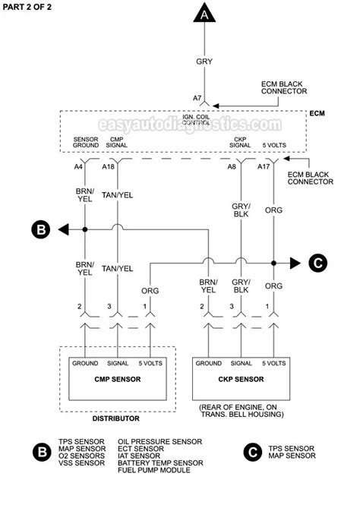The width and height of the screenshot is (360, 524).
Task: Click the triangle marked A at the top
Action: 204,14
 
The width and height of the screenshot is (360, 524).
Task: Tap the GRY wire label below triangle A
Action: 204,62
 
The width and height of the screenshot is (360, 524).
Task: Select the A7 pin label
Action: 197,98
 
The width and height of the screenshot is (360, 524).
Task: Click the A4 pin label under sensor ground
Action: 78,166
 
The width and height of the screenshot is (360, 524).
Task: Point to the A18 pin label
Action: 108,166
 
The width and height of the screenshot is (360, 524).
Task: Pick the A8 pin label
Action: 232,166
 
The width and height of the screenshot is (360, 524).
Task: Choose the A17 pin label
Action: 264,166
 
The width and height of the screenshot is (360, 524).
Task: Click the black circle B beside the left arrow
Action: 41,230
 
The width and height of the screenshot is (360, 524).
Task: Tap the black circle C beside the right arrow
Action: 317,263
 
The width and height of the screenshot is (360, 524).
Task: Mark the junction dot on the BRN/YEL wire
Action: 85,229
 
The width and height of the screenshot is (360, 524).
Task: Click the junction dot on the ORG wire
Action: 273,264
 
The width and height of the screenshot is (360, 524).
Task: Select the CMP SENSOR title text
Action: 118,379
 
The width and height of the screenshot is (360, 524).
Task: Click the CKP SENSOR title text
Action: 241,379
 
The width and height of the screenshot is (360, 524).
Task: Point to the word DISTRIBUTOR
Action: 115,418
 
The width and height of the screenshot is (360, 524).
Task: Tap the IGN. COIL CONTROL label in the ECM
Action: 196,120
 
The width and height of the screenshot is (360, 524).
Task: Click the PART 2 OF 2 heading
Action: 27,7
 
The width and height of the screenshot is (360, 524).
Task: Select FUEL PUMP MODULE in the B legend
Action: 153,470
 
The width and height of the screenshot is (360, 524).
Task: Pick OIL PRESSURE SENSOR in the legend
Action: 159,441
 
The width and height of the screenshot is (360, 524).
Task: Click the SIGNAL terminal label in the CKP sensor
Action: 241,363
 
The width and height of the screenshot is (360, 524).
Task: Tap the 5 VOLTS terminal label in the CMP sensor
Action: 150,363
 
